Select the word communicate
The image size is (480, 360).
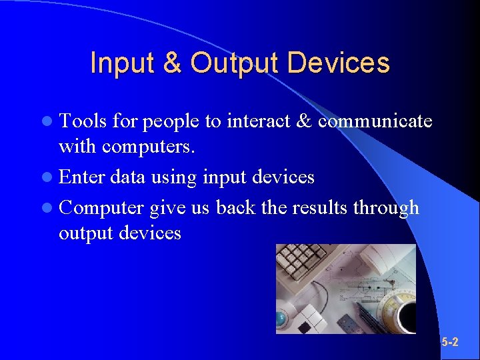pos(375,121)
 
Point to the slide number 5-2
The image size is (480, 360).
pos(450,343)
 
